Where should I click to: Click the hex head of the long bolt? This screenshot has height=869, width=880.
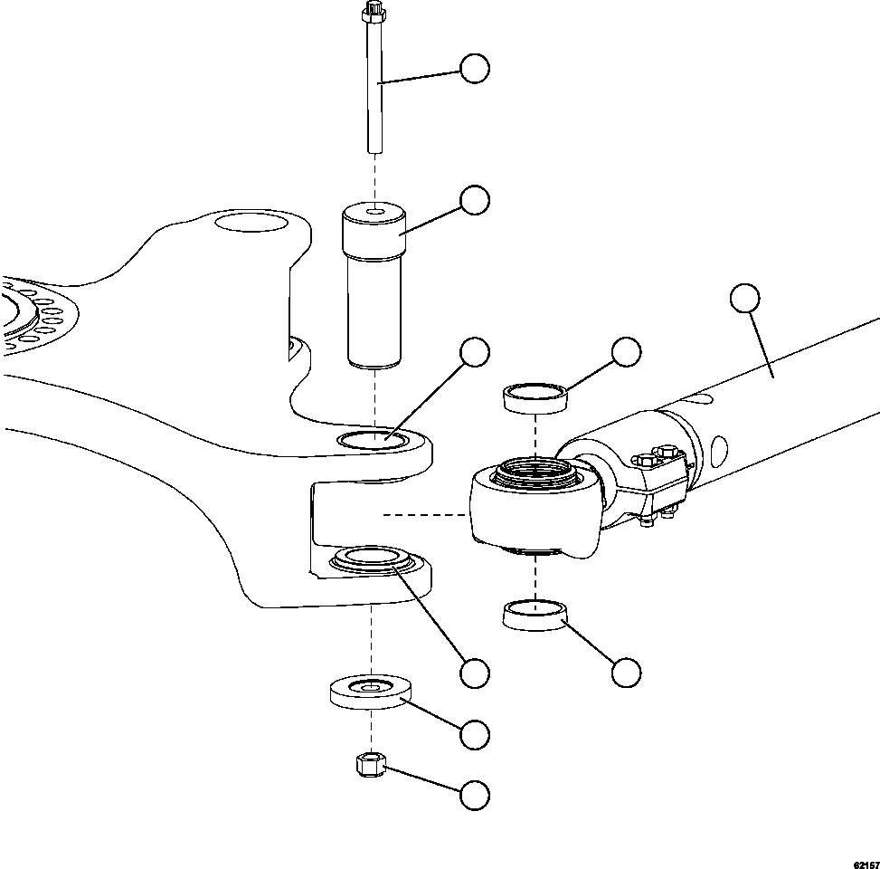372,13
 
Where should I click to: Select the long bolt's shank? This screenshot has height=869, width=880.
373,91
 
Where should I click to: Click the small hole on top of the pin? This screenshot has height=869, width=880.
373,214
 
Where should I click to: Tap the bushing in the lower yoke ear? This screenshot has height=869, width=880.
373,559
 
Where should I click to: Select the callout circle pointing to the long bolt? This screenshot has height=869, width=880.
475,69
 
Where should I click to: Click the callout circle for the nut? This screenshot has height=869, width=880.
475,795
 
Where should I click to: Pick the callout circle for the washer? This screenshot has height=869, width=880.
475,734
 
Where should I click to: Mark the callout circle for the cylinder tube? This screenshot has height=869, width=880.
744,298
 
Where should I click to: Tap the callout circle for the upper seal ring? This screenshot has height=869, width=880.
626,351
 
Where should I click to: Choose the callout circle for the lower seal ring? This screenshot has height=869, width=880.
626,672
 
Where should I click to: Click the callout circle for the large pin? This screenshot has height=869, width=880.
475,201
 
